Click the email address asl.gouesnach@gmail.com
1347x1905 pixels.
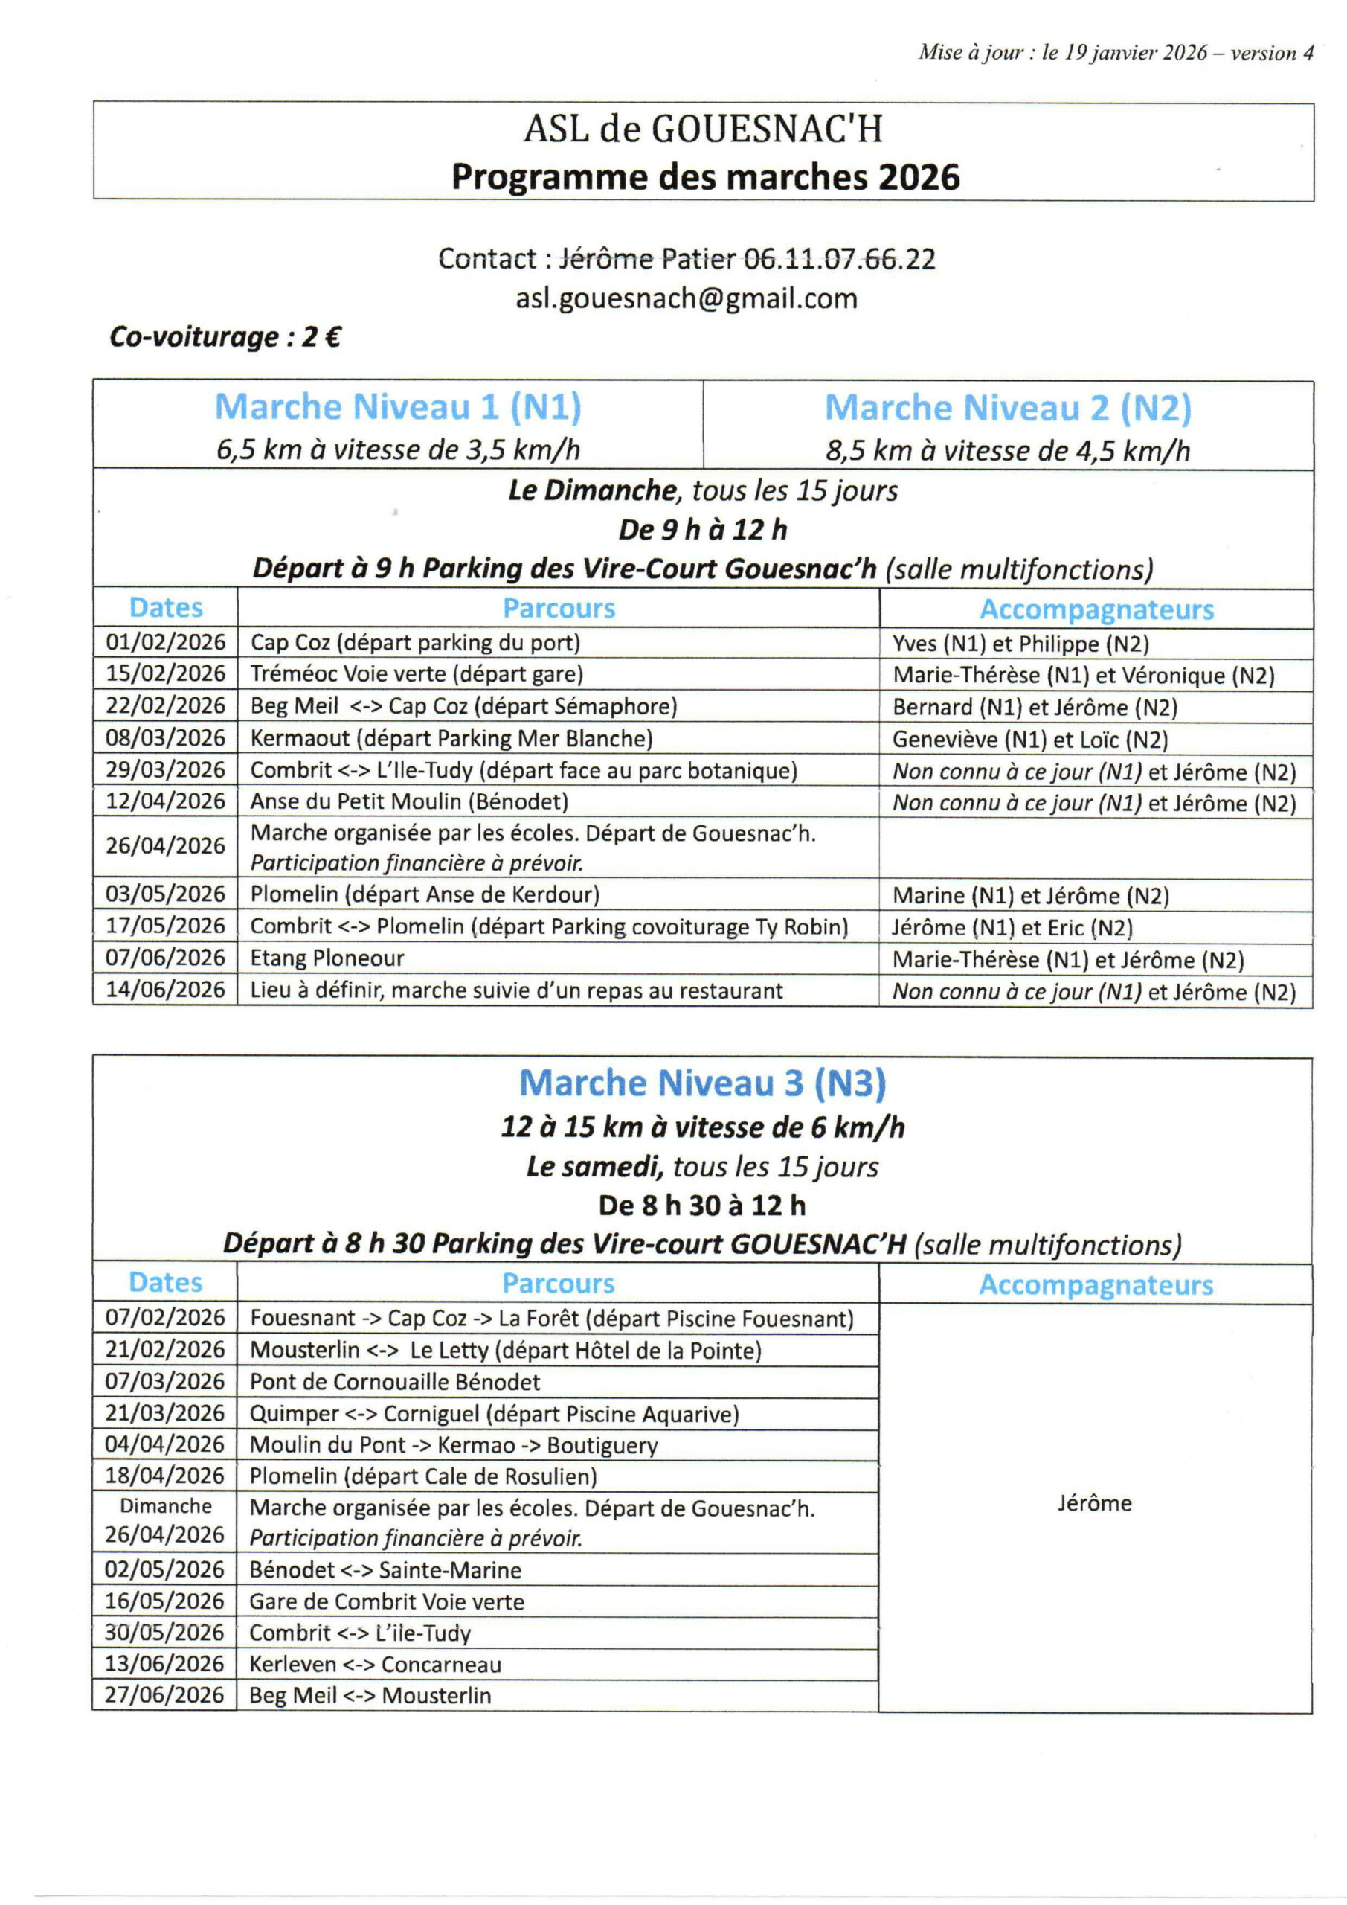tap(686, 298)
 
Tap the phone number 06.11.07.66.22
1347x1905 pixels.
tap(838, 259)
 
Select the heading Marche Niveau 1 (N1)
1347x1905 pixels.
tap(397, 406)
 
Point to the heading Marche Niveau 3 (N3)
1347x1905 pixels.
tap(703, 1083)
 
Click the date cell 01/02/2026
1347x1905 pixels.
tap(165, 642)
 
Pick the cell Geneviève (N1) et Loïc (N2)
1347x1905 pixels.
tap(1029, 739)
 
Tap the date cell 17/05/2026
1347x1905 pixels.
tap(165, 926)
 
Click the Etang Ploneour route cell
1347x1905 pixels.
tap(327, 958)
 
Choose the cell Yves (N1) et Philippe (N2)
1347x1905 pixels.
tap(1020, 644)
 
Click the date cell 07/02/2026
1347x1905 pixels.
tap(165, 1318)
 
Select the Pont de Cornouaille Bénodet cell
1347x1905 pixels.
tap(395, 1381)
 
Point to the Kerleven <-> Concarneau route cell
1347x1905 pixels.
tap(375, 1665)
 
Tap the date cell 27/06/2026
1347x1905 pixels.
tap(165, 1695)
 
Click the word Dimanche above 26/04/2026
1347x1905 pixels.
tap(165, 1506)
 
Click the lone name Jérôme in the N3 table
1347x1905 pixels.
tap(1094, 1503)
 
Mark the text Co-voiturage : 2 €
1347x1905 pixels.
tap(225, 337)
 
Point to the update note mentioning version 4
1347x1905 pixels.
tap(1115, 53)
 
